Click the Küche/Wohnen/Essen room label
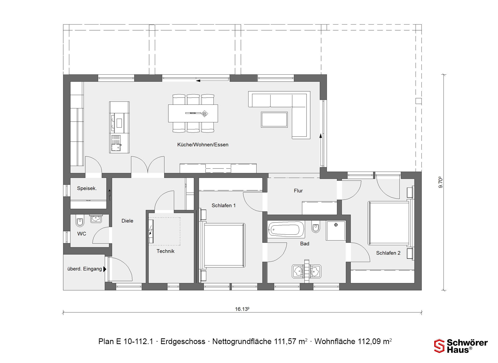pyautogui.click(x=203, y=145)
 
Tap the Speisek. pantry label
pyautogui.click(x=87, y=189)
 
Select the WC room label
pyautogui.click(x=82, y=234)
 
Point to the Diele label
pyautogui.click(x=127, y=221)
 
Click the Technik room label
pyautogui.click(x=165, y=251)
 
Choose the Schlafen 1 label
pyautogui.click(x=224, y=206)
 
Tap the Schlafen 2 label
pyautogui.click(x=388, y=253)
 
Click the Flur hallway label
pyautogui.click(x=298, y=191)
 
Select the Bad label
pyautogui.click(x=305, y=244)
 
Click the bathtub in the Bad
pyautogui.click(x=286, y=229)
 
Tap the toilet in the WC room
pyautogui.click(x=80, y=221)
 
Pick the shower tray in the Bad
pyautogui.click(x=336, y=230)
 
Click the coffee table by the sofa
pyautogui.click(x=274, y=120)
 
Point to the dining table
pyautogui.click(x=193, y=113)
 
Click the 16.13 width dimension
pyautogui.click(x=242, y=309)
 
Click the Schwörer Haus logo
pyautogui.click(x=461, y=346)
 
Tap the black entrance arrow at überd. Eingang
pyautogui.click(x=105, y=269)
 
